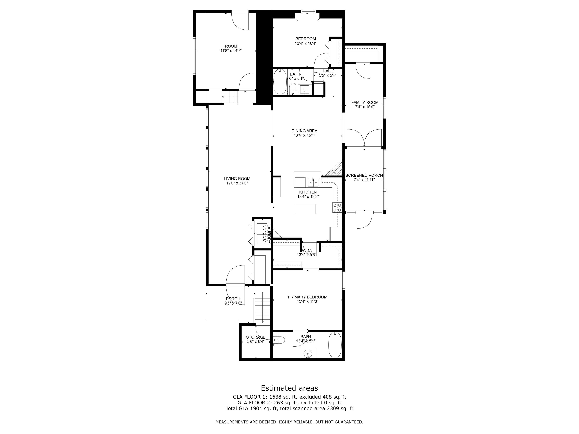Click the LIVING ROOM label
point(237,179)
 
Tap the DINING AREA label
point(304,131)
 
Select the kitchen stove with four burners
point(337,207)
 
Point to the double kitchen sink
point(313,182)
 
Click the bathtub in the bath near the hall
point(280,81)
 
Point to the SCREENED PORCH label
point(364,175)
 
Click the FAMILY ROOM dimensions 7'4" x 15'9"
point(365,107)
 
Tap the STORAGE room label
point(256,337)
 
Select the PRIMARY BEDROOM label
point(308,297)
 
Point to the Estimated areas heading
point(289,388)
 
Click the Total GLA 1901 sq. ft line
point(289,408)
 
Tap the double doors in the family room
point(364,137)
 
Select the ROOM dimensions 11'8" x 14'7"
point(231,51)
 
